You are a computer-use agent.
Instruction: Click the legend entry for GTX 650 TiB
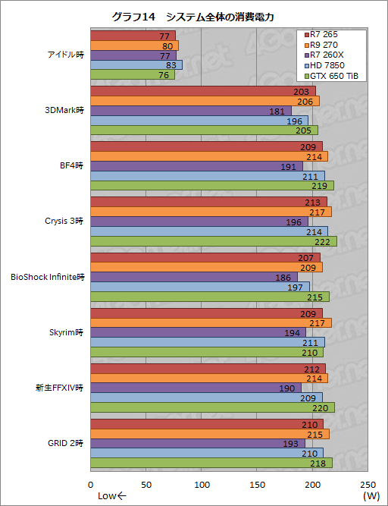click(x=333, y=76)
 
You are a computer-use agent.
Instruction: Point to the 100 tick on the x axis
click(x=202, y=485)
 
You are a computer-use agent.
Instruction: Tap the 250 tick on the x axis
click(x=368, y=485)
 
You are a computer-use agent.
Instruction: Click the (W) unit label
click(x=370, y=495)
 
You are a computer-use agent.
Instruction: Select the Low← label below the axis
click(x=112, y=495)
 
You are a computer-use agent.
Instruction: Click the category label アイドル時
click(x=64, y=55)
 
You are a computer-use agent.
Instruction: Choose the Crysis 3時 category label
click(x=62, y=221)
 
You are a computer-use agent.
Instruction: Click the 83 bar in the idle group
click(x=136, y=65)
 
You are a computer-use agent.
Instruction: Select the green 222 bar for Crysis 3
click(x=214, y=241)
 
